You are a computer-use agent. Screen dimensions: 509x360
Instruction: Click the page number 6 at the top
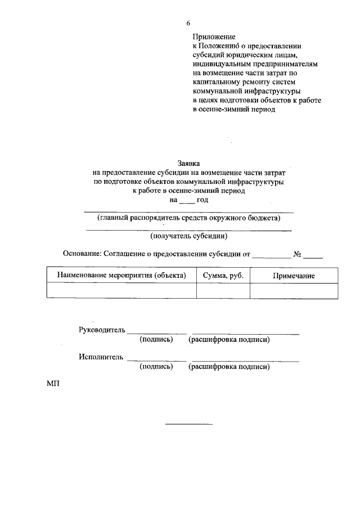click(x=188, y=23)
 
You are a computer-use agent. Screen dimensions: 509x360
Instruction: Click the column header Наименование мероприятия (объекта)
click(x=121, y=276)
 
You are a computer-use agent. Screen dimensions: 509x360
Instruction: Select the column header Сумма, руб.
click(x=223, y=276)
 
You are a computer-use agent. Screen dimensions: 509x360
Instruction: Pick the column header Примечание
click(x=294, y=276)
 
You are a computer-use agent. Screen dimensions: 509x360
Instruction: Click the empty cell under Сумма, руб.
click(x=223, y=290)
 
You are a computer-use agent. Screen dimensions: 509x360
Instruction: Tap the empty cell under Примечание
click(x=294, y=290)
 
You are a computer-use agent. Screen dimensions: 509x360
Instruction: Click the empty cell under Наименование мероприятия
click(x=121, y=290)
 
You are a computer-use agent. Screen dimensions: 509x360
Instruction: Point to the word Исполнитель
click(x=101, y=357)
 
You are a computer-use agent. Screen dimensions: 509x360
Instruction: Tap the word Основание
click(x=81, y=254)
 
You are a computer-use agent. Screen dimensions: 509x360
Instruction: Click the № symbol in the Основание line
click(x=298, y=254)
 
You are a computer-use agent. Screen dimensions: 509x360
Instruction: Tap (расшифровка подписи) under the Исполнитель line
click(x=229, y=367)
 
